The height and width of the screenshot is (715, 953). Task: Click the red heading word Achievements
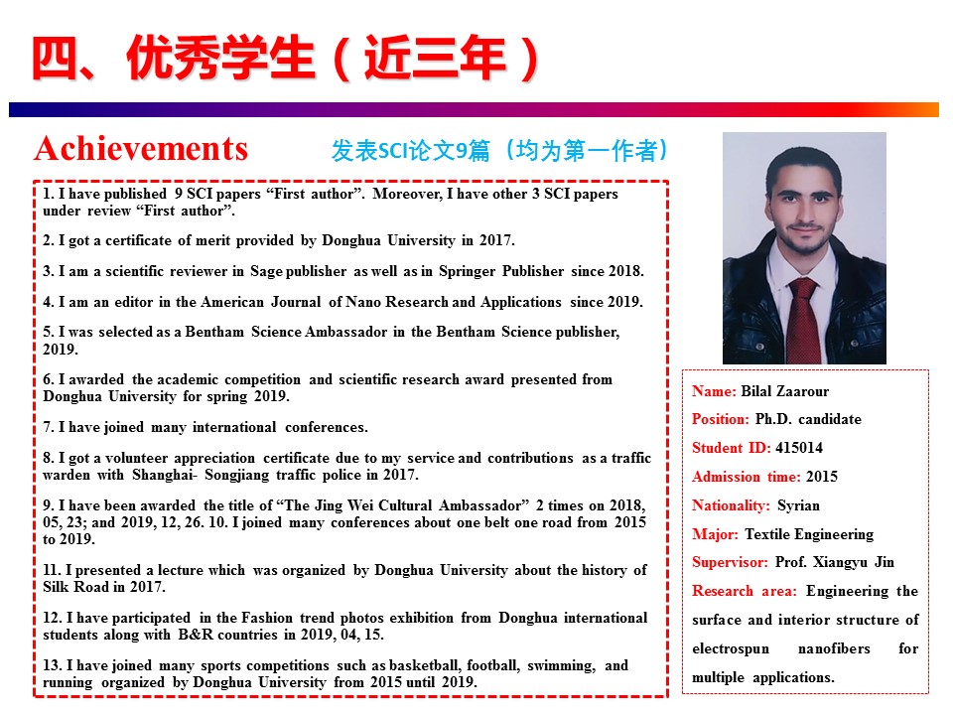click(x=140, y=149)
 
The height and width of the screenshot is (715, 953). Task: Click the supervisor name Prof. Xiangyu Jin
click(x=835, y=562)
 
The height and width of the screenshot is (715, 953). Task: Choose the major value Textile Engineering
click(x=809, y=534)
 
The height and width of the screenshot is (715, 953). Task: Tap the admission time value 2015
click(x=822, y=477)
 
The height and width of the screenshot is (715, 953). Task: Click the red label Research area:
click(x=745, y=591)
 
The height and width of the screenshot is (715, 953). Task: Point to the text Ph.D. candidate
click(x=808, y=419)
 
